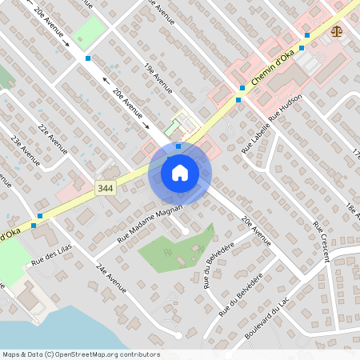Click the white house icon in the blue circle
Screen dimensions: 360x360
(179, 173)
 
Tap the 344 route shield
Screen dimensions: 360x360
(105, 188)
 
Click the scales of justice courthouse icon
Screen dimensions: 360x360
(337, 32)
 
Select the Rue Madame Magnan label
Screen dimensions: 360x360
(150, 222)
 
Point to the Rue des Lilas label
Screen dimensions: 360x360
(52, 255)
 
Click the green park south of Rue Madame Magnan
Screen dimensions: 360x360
(172, 250)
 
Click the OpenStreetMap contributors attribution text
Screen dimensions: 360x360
(80, 354)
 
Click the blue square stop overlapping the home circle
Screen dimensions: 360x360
(178, 146)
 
